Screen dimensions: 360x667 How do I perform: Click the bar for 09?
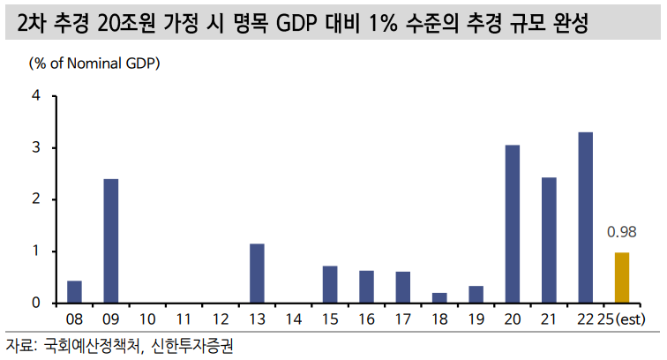111,241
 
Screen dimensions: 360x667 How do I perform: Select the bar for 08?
75,292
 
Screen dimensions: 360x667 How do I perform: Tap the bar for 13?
257,274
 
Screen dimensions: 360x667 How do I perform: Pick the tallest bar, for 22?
585,218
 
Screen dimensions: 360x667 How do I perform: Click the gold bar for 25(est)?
622,278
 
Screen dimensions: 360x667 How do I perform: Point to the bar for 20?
512,224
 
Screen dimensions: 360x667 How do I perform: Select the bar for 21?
549,240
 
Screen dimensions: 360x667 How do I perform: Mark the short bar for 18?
439,298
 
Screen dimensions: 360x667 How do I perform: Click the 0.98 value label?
622,233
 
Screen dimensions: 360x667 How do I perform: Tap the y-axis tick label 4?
37,95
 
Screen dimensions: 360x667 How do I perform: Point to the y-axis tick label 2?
37,199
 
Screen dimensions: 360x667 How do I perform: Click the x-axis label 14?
294,318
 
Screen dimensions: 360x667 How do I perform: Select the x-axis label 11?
184,318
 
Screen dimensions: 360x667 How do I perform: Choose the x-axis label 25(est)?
623,318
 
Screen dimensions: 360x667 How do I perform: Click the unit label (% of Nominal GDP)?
95,64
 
